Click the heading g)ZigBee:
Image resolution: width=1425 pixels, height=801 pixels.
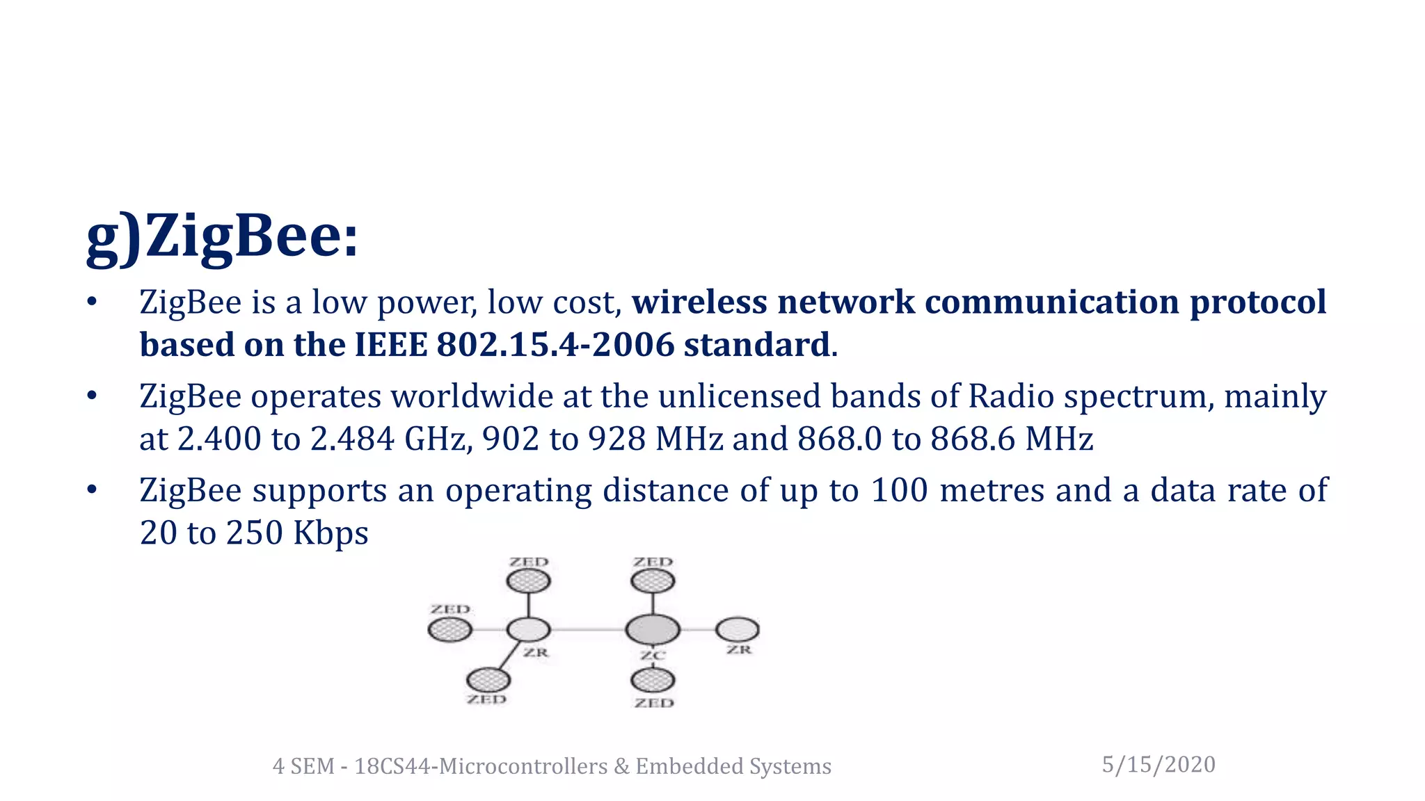click(x=222, y=236)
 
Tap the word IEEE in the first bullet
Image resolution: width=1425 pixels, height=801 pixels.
click(x=390, y=345)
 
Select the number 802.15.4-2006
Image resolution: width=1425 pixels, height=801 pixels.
click(x=555, y=345)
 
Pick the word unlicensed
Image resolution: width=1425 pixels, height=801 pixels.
click(x=740, y=396)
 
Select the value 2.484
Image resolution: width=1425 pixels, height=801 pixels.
click(x=352, y=439)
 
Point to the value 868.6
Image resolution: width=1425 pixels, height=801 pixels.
click(x=973, y=439)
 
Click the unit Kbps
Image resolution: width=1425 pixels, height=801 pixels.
click(x=331, y=533)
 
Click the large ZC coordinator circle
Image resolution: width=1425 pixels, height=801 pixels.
click(x=652, y=630)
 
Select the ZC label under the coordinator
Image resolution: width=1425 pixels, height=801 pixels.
click(x=653, y=655)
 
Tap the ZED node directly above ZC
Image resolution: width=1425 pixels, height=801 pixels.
click(x=653, y=581)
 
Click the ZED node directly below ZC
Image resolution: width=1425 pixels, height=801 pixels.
click(x=653, y=680)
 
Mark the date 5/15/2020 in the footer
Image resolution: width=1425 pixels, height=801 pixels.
click(x=1159, y=765)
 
